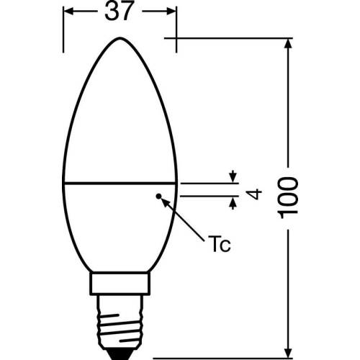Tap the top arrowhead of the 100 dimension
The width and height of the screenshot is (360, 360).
click(x=290, y=42)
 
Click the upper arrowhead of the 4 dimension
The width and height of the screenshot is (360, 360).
click(x=233, y=177)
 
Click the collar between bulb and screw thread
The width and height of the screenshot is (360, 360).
click(x=120, y=282)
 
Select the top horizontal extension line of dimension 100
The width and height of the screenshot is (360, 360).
click(x=230, y=37)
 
